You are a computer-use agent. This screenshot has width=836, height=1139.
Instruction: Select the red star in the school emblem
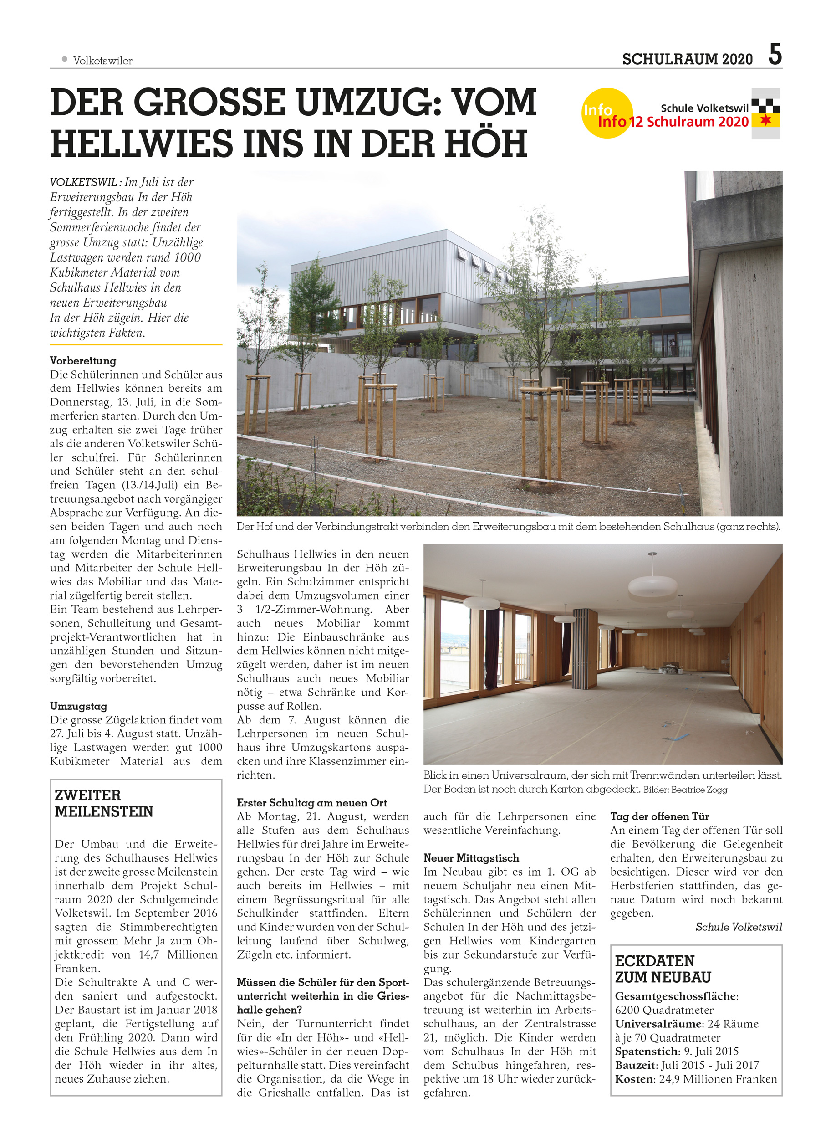766,120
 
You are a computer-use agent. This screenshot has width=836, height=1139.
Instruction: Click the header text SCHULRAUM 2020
687,60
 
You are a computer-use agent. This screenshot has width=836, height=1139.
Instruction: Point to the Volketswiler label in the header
103,61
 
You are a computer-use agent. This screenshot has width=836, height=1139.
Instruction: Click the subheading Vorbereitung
83,361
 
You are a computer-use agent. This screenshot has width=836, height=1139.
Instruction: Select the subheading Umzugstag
78,706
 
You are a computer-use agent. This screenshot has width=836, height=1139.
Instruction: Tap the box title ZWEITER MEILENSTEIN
104,803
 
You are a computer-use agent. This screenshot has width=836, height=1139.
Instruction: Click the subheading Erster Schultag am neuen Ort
312,802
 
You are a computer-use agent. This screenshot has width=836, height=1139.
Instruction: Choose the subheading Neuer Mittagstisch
471,857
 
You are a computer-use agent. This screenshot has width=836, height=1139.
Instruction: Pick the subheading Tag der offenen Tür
659,816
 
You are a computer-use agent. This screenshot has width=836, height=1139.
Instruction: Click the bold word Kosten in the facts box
635,1079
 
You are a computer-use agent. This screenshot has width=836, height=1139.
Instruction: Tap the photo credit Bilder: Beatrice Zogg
685,789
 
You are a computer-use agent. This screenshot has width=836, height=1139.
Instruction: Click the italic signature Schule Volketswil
739,926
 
